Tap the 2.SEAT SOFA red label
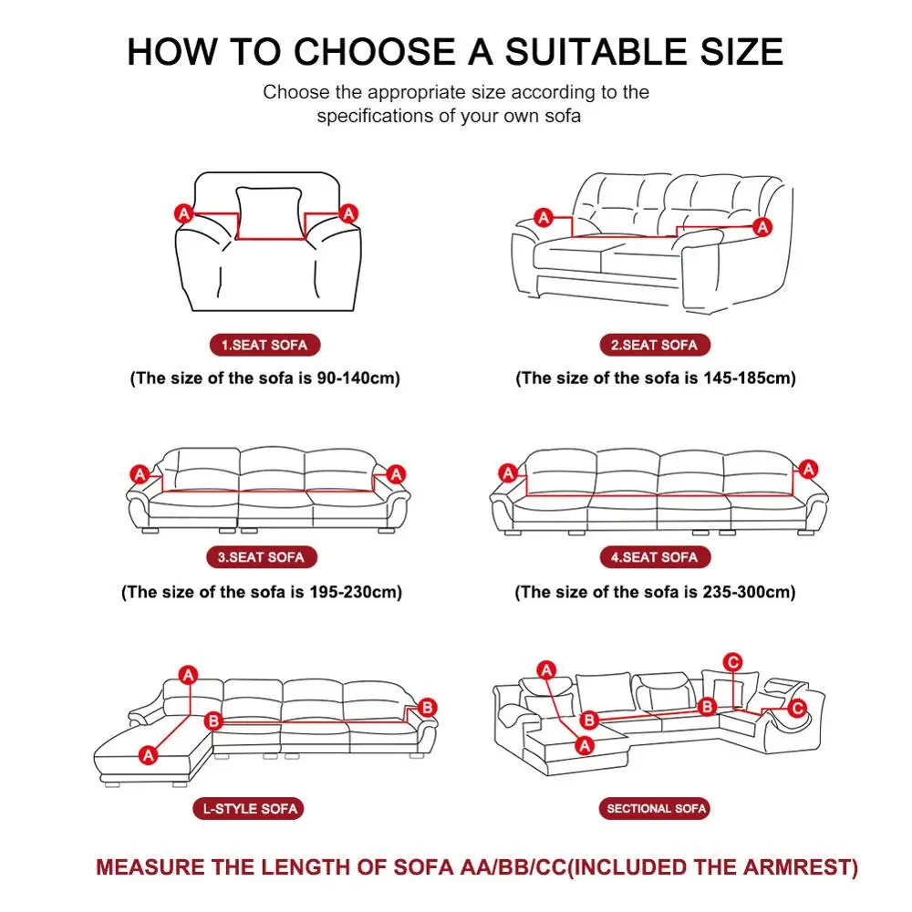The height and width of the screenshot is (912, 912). click(x=654, y=345)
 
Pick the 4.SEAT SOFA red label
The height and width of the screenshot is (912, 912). click(x=654, y=557)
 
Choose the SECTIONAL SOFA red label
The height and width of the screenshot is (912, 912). click(x=657, y=808)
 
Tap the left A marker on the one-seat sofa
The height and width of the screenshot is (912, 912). click(x=183, y=213)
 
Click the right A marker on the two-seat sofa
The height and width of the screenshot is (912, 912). click(x=762, y=225)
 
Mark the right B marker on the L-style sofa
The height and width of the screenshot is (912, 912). click(x=429, y=707)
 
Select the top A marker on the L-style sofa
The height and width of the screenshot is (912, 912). click(x=189, y=675)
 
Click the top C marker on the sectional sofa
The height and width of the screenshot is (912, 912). click(x=732, y=661)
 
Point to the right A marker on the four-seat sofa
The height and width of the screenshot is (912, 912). click(x=807, y=468)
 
